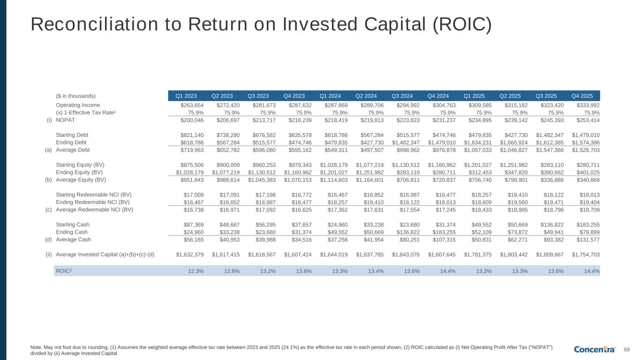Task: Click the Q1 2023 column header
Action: pos(186,96)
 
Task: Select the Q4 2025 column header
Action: pos(582,96)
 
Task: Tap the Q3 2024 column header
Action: pos(402,96)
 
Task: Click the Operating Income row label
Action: pos(78,105)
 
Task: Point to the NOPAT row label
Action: pos(65,120)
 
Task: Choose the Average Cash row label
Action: pos(73,240)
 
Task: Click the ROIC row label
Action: pos(64,271)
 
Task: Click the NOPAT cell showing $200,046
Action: pos(192,120)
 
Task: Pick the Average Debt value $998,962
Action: pos(408,150)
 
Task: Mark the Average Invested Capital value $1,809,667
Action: pos(550,255)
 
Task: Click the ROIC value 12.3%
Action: pos(196,271)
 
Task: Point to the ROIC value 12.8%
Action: pos(232,271)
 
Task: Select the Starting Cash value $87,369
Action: pos(194,225)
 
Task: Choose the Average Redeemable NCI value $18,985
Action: pos(518,210)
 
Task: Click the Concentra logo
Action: pos(595,349)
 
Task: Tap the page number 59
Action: pos(627,350)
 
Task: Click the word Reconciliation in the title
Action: pos(94,24)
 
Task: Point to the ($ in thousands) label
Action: pos(75,96)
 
